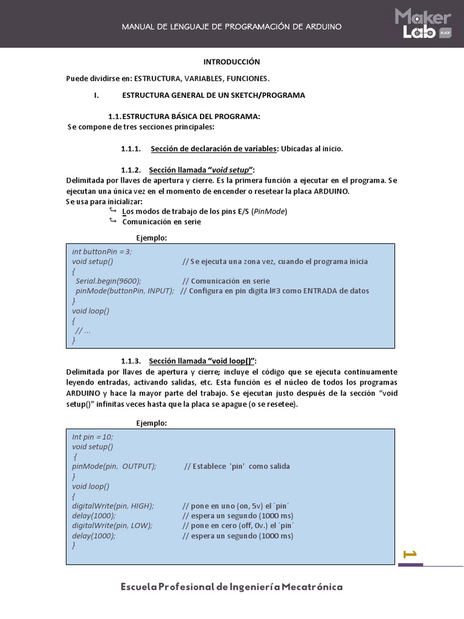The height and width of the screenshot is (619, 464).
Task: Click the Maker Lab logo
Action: [x=423, y=24]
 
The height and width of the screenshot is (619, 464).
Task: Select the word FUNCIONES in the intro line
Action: [x=248, y=79]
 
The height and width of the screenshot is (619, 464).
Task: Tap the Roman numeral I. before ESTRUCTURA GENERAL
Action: [x=95, y=96]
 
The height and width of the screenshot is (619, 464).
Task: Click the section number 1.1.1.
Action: [x=130, y=149]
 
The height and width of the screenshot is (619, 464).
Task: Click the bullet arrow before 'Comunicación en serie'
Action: [x=112, y=221]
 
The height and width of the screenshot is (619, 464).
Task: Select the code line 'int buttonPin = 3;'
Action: [x=101, y=251]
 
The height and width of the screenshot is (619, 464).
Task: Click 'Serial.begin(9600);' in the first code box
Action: [x=108, y=281]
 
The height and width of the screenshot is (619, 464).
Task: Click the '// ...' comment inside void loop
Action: [x=83, y=331]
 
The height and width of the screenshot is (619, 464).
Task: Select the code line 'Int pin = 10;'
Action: [x=92, y=436]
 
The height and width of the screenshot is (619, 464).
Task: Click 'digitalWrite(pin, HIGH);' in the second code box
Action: [x=113, y=505]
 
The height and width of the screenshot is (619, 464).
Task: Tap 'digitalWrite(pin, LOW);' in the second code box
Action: [x=112, y=525]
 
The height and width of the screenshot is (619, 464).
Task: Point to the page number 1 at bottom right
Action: [x=410, y=554]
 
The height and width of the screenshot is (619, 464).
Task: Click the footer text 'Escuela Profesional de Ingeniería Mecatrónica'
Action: [x=231, y=587]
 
